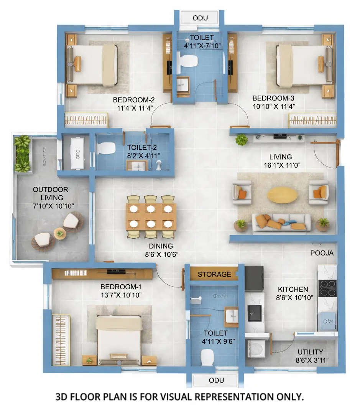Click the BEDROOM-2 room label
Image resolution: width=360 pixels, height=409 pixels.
(x=133, y=100)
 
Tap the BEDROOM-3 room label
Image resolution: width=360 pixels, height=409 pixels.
(x=273, y=98)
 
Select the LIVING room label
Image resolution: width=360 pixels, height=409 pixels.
(x=280, y=157)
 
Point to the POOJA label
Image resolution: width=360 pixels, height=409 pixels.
(x=322, y=253)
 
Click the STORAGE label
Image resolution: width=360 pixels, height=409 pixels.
(x=214, y=274)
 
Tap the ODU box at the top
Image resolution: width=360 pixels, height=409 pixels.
(x=199, y=18)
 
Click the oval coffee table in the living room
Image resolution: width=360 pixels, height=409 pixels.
(x=282, y=195)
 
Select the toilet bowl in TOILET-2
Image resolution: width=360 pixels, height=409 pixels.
(x=105, y=148)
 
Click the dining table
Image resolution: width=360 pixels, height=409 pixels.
(x=151, y=216)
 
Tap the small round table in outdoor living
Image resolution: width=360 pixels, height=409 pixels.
(x=59, y=233)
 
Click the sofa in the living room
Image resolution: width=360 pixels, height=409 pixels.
(x=281, y=222)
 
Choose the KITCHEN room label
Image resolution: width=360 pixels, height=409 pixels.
(x=293, y=289)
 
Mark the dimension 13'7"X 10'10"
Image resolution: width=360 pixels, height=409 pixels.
(x=121, y=295)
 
